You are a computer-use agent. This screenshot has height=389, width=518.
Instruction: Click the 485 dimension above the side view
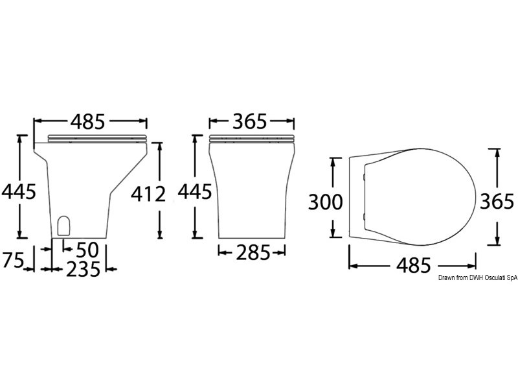pyautogui.click(x=88, y=121)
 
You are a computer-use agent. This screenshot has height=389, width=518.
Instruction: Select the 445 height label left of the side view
pyautogui.click(x=19, y=191)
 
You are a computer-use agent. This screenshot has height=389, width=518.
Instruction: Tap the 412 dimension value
pyautogui.click(x=148, y=194)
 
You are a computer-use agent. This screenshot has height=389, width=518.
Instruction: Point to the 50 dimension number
pyautogui.click(x=87, y=250)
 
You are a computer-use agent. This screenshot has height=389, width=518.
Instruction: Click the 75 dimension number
pyautogui.click(x=13, y=260)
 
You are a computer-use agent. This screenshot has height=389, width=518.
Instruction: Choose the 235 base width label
pyautogui.click(x=84, y=269)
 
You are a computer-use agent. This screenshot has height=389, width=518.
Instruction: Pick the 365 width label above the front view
pyautogui.click(x=249, y=121)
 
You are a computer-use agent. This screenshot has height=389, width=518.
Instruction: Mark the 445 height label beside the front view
pyautogui.click(x=195, y=191)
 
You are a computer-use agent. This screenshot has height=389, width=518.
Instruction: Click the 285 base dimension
pyautogui.click(x=253, y=253)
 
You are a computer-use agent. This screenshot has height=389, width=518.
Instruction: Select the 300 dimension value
pyautogui.click(x=326, y=202)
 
